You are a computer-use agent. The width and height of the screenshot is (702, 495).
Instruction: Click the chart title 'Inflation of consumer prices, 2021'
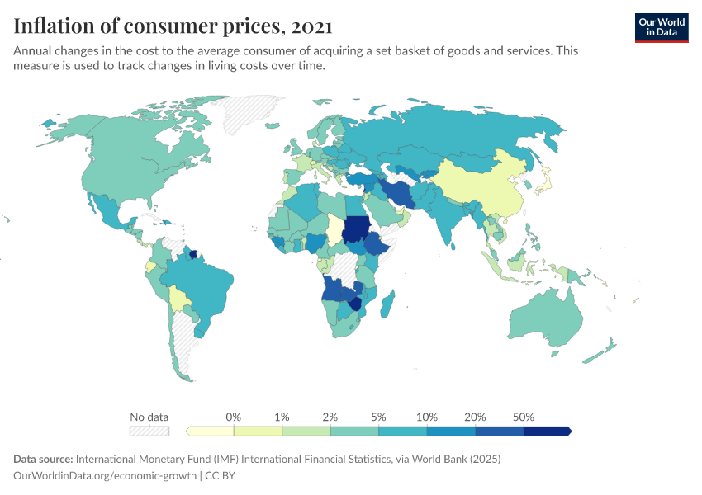(173, 26)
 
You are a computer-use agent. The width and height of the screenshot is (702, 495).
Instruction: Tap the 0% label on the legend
(234, 417)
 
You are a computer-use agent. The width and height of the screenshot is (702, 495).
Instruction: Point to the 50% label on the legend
(524, 417)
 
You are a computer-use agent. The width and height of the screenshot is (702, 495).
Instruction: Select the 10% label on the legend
(427, 417)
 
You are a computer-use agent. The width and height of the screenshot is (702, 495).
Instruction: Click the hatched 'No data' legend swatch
(149, 431)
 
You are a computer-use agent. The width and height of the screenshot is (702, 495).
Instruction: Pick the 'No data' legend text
(149, 417)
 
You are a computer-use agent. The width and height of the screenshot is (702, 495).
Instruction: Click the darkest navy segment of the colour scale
(548, 431)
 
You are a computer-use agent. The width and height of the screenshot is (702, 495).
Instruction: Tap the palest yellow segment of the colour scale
(211, 431)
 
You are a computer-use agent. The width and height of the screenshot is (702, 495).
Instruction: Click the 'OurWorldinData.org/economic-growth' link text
(106, 476)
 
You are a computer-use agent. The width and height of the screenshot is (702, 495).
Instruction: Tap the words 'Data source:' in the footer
(43, 459)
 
